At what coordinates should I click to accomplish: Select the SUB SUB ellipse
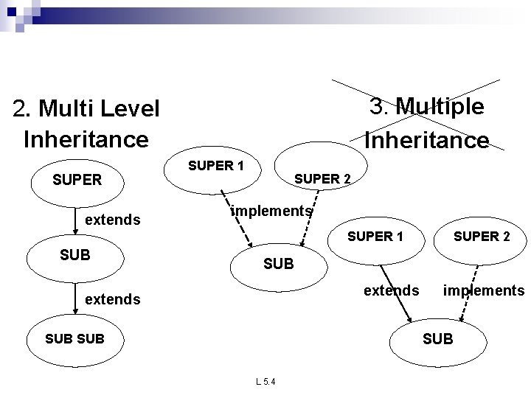click(74, 338)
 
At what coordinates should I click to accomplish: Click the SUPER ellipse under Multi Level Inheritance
click(77, 179)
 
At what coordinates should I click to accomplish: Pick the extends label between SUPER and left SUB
click(113, 220)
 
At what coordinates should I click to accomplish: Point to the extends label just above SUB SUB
click(113, 299)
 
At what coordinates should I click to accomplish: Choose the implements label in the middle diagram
click(271, 211)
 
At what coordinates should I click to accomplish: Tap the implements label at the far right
click(483, 290)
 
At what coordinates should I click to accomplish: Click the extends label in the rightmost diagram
click(392, 290)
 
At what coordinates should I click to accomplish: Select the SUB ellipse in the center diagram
click(278, 263)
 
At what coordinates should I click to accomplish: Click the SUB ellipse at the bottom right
click(438, 339)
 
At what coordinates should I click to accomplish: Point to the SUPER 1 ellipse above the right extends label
click(375, 237)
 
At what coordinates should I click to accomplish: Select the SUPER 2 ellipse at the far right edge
click(481, 237)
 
